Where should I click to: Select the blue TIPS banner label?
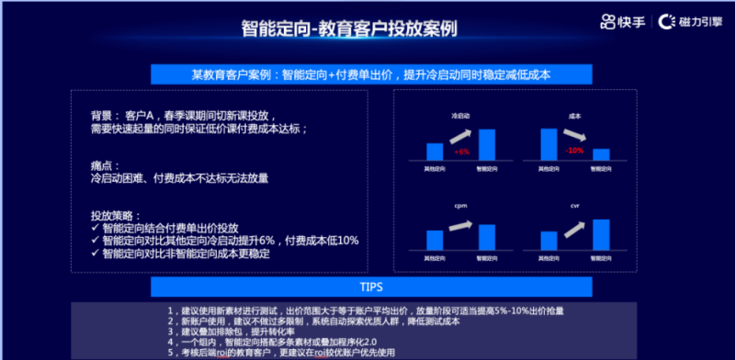367,287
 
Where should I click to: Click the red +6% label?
462,151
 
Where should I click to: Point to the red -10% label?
575,150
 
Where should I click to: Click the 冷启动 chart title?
460,117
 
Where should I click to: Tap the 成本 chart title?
575,117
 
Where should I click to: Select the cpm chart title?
460,207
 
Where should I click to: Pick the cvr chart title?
575,207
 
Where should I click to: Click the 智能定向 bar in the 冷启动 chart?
487,145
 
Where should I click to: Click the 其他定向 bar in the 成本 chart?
548,144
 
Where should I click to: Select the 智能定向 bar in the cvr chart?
601,235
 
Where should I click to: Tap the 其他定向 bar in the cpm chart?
435,241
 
